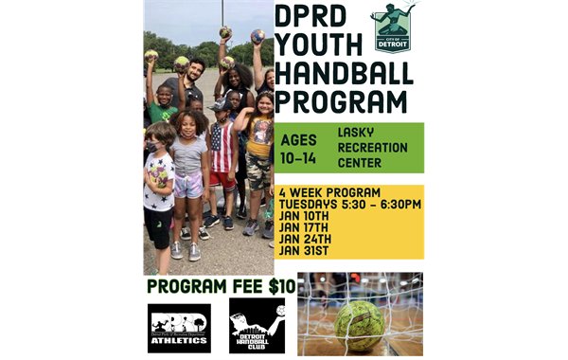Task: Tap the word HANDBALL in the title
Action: [x=342, y=74]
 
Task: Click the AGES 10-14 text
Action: [x=299, y=148]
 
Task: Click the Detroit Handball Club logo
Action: [x=257, y=325]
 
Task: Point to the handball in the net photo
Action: [x=359, y=325]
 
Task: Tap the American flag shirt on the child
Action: [x=222, y=152]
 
